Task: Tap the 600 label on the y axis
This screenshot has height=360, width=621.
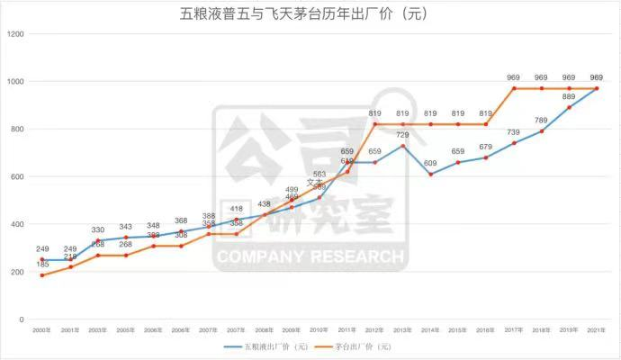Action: point(16,177)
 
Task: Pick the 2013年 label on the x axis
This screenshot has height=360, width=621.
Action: point(403,332)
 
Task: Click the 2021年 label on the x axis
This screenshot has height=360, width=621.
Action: point(596,332)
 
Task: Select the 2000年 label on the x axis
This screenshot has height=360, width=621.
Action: point(41,332)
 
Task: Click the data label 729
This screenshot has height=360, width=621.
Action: point(403,135)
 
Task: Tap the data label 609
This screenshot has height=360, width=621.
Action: point(431,163)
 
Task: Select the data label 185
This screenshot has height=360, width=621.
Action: point(41,265)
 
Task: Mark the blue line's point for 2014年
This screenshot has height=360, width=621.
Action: point(431,175)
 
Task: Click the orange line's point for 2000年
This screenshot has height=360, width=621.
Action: point(41,275)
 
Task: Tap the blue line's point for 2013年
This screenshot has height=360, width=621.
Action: point(403,146)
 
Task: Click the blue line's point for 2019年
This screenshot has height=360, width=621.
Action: point(569,108)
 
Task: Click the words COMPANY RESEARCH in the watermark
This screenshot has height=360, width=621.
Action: point(309,257)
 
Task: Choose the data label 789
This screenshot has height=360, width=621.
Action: point(541,121)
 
